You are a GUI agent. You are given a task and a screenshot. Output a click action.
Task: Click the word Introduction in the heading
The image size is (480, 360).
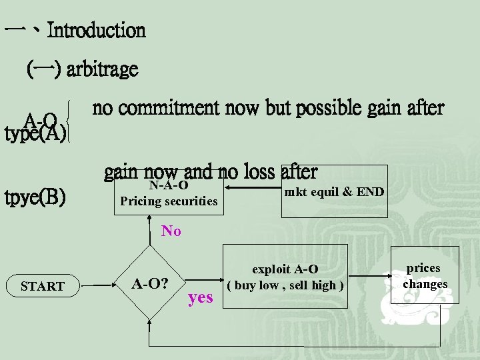tap(97, 30)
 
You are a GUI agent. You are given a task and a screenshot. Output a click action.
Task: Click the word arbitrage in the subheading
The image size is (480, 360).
tap(102, 69)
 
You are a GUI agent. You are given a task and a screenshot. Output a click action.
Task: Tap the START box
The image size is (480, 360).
tap(43, 286)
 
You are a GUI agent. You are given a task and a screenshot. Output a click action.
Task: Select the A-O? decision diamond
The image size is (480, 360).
tap(149, 283)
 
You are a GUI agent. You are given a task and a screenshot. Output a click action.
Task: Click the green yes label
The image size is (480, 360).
tap(200, 297)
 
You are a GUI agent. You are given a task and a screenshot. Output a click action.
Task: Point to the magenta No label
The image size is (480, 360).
tap(171, 231)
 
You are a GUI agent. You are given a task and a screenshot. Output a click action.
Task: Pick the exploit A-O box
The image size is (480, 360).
tap(285, 277)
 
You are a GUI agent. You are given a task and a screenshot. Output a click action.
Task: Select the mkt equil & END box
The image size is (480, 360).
tap(334, 191)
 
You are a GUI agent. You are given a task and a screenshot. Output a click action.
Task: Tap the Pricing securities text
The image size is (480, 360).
tap(168, 201)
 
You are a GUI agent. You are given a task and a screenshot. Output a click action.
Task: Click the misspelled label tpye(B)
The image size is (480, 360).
tap(35, 198)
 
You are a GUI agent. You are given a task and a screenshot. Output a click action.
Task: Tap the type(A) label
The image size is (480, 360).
tap(35, 133)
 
